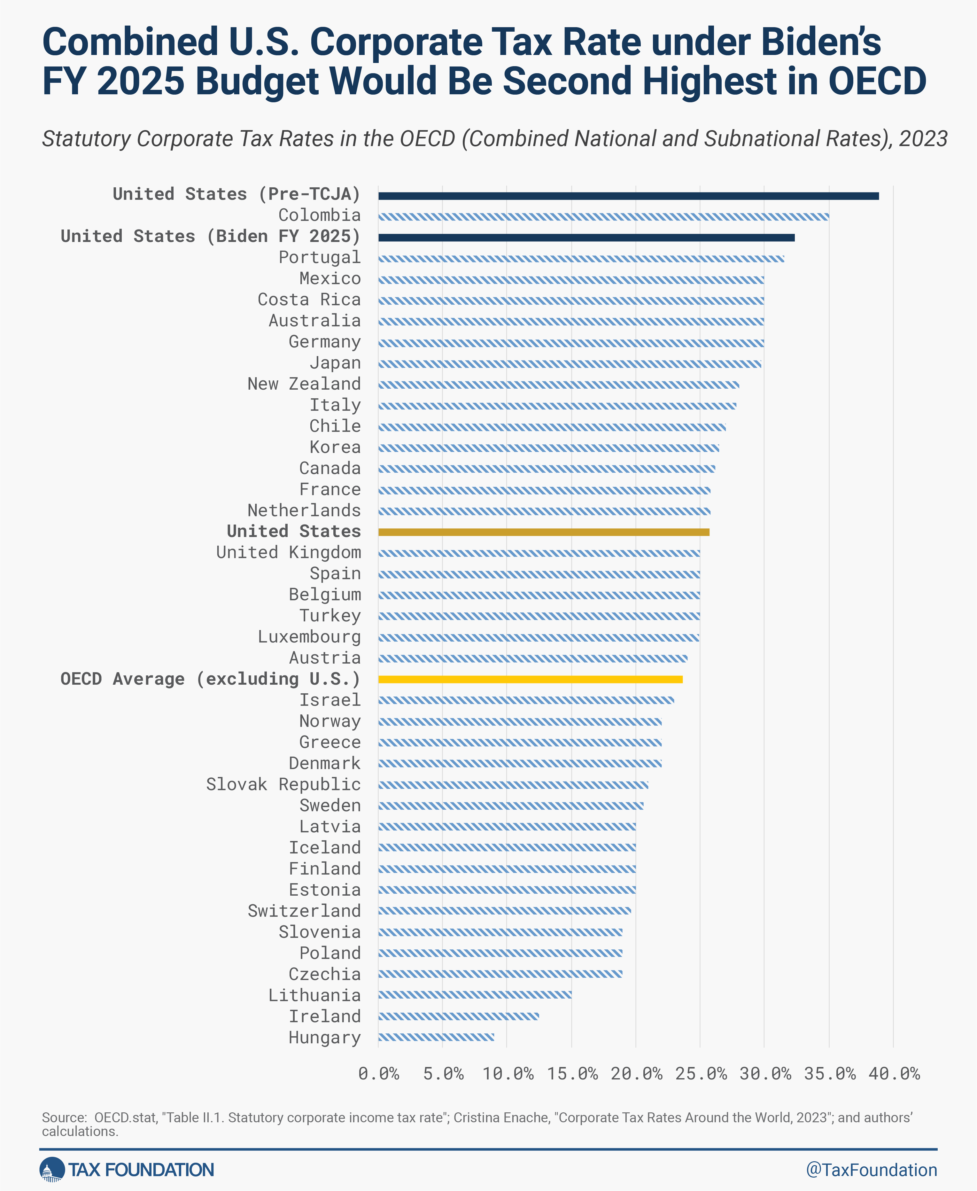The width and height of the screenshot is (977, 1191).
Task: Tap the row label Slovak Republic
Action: tap(283, 784)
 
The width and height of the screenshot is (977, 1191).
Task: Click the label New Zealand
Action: tap(304, 384)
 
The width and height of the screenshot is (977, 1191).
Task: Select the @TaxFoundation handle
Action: tap(871, 1170)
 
